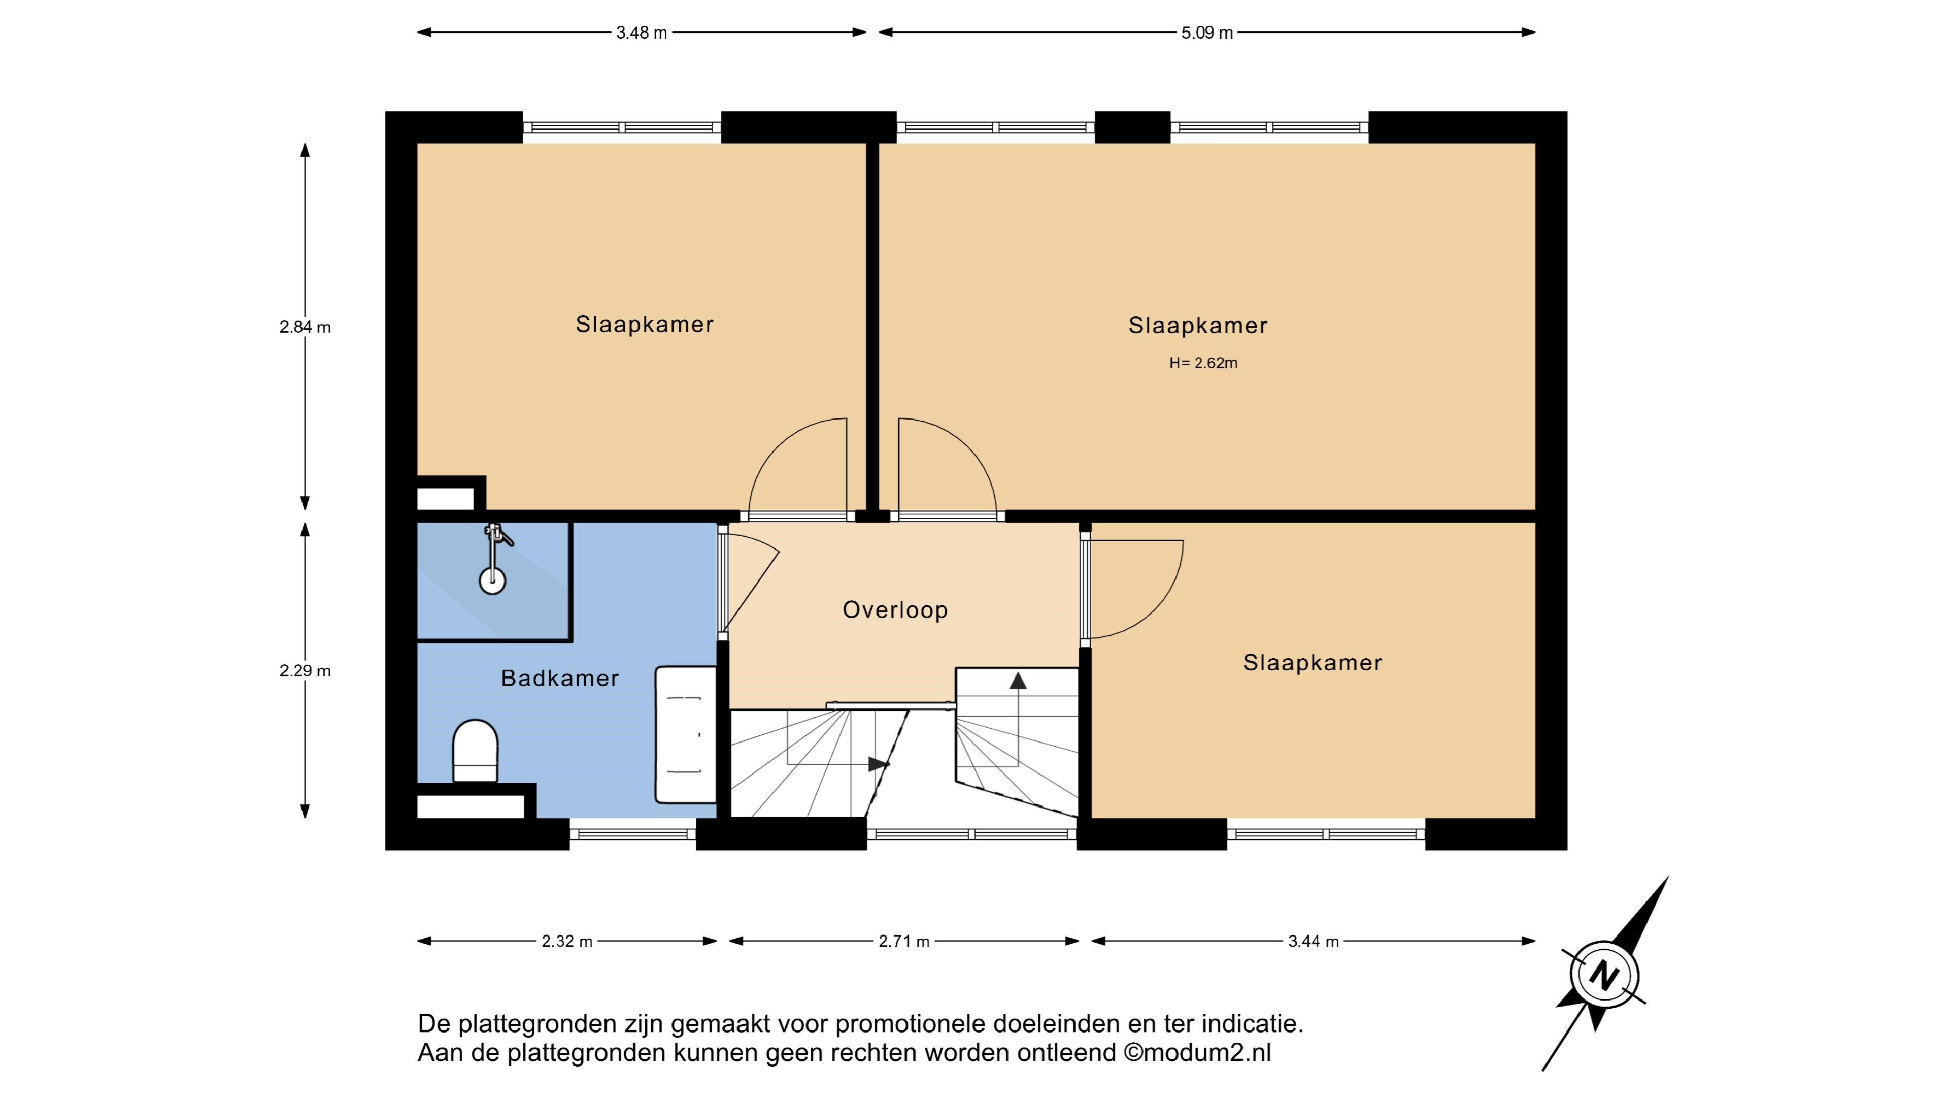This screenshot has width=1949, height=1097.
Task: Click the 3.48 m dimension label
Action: tap(642, 33)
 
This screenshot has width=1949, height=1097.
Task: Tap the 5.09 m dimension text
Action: tap(1207, 33)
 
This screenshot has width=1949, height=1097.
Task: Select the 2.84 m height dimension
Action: tap(305, 327)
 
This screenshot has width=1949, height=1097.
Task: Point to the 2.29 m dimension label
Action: tap(305, 671)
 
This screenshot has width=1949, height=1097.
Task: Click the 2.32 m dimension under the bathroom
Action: tap(567, 941)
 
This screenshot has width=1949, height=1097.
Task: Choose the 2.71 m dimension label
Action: tap(904, 941)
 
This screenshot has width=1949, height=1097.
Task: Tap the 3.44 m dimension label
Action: tap(1314, 941)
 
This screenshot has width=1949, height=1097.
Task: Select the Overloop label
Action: tap(895, 609)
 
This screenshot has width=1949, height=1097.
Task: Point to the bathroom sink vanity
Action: tap(686, 734)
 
